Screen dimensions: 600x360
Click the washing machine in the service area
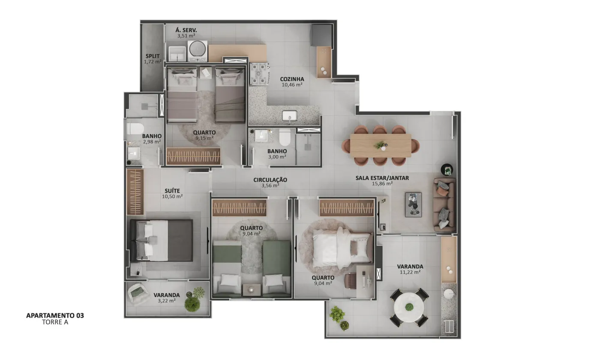coord(198,51)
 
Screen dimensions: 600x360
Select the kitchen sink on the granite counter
coord(290,116)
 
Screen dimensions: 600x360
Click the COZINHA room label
coord(292,79)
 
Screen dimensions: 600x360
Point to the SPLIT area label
coord(153,56)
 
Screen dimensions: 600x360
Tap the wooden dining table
coord(381,145)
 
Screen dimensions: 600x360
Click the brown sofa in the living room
coord(444,205)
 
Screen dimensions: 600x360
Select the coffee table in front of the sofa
coord(413,205)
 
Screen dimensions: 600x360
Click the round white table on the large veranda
coord(409,307)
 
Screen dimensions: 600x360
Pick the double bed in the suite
coord(161,240)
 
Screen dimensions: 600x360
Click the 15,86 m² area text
coord(382,183)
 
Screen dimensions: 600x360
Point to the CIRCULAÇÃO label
coord(270,180)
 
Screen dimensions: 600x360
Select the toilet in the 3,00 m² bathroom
coord(285,137)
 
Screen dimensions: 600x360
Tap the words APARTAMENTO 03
coord(55,315)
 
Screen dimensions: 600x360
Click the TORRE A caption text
coord(55,322)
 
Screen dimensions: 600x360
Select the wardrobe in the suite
coord(135,192)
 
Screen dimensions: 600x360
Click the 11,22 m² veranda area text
coord(410,272)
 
